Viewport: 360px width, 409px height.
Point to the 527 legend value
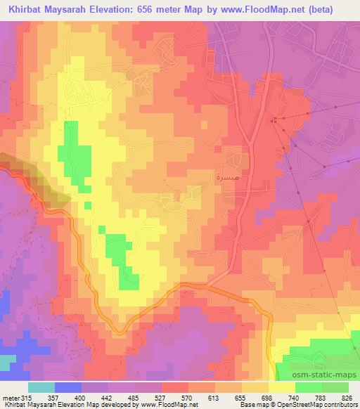(x=162, y=397)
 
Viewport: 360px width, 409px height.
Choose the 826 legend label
(x=349, y=397)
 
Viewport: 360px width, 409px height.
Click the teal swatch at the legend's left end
(x=41, y=387)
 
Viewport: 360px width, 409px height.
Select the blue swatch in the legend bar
(x=68, y=387)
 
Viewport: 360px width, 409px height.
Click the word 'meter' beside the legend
(x=11, y=397)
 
